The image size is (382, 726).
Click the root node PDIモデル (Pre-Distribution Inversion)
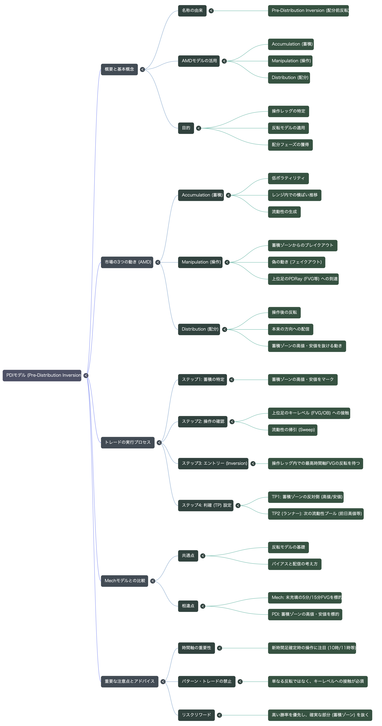coord(42,375)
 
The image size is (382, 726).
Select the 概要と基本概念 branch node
coord(119,69)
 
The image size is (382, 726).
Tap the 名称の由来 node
coord(192,11)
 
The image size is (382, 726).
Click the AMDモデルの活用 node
coord(199,61)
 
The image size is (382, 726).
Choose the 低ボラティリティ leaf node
coord(288,178)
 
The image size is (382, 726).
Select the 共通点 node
coord(188,556)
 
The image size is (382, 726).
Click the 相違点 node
coord(188,606)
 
